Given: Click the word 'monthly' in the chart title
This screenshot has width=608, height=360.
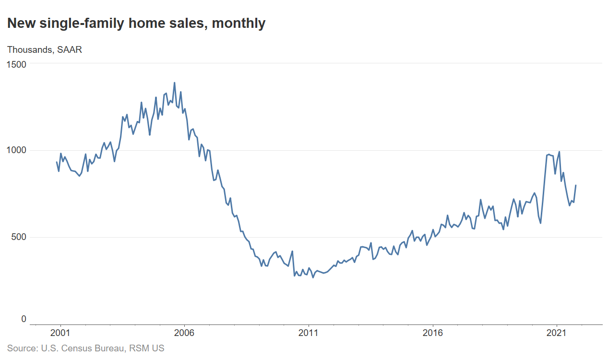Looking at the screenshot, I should coord(238,23).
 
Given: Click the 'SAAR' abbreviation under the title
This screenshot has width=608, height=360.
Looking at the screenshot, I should coord(70,49).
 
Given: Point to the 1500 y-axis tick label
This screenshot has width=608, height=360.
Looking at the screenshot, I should coord(17,63).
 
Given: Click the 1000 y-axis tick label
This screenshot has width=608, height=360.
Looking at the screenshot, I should coord(17,150).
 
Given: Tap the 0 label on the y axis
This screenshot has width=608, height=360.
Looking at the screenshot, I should coord(24,319).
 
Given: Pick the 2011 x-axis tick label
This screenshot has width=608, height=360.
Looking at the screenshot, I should coord(309,332).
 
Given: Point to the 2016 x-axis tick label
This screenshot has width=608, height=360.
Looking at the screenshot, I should coord(433,332).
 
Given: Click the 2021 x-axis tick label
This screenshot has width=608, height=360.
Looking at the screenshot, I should coord(557,332).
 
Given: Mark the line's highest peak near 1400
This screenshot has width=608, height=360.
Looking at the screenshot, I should coord(174,83).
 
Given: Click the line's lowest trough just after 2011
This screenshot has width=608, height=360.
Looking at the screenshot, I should coord(313,277).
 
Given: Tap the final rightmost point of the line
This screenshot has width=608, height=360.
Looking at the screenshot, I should coord(576,185).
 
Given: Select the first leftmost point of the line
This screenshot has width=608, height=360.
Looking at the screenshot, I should coord(57,162).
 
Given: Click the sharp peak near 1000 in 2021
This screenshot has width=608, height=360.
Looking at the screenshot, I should coord(559,152).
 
